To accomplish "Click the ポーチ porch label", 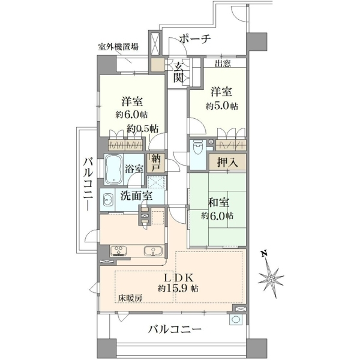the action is [194, 39].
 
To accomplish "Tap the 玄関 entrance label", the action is [178, 73].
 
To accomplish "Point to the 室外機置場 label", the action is [118, 47].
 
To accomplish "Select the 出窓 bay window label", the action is [223, 64].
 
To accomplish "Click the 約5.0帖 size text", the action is [222, 106].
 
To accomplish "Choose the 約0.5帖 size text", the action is [143, 129].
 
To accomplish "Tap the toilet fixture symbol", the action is [197, 148].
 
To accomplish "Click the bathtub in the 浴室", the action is [113, 169].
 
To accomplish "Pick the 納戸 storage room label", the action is [156, 163].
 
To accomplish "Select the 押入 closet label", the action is [228, 163].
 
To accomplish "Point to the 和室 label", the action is [218, 203].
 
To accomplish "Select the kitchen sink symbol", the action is [153, 251].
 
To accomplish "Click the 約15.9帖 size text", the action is [178, 288].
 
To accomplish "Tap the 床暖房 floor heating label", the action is [130, 298].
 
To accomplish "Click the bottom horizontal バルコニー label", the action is [175, 330].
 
